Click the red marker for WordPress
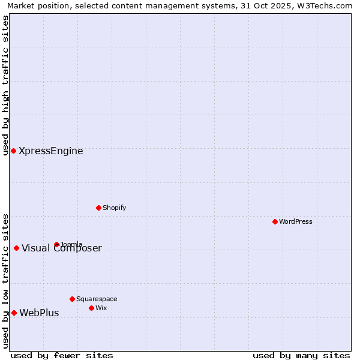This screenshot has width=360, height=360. (x=275, y=221)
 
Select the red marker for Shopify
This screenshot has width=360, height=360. (x=98, y=208)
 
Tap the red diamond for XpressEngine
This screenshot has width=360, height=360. (x=13, y=151)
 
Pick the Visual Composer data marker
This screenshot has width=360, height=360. (x=16, y=248)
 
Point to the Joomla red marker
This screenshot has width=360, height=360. (x=56, y=244)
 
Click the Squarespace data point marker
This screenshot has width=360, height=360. (x=72, y=299)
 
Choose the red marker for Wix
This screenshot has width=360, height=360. (x=91, y=308)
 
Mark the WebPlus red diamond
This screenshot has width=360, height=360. (x=14, y=313)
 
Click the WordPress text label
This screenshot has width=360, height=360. (x=296, y=221)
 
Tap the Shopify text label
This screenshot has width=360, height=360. (x=114, y=208)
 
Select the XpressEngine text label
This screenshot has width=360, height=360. (x=51, y=151)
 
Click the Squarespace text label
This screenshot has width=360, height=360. (x=97, y=299)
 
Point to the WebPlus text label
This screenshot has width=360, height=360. (x=39, y=313)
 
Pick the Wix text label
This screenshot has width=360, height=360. (x=101, y=308)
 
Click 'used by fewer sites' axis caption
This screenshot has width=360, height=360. (x=62, y=355)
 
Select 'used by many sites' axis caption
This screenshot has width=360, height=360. (x=301, y=355)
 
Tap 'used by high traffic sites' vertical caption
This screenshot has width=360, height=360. (x=5, y=85)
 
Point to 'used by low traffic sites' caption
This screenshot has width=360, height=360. (x=5, y=281)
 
